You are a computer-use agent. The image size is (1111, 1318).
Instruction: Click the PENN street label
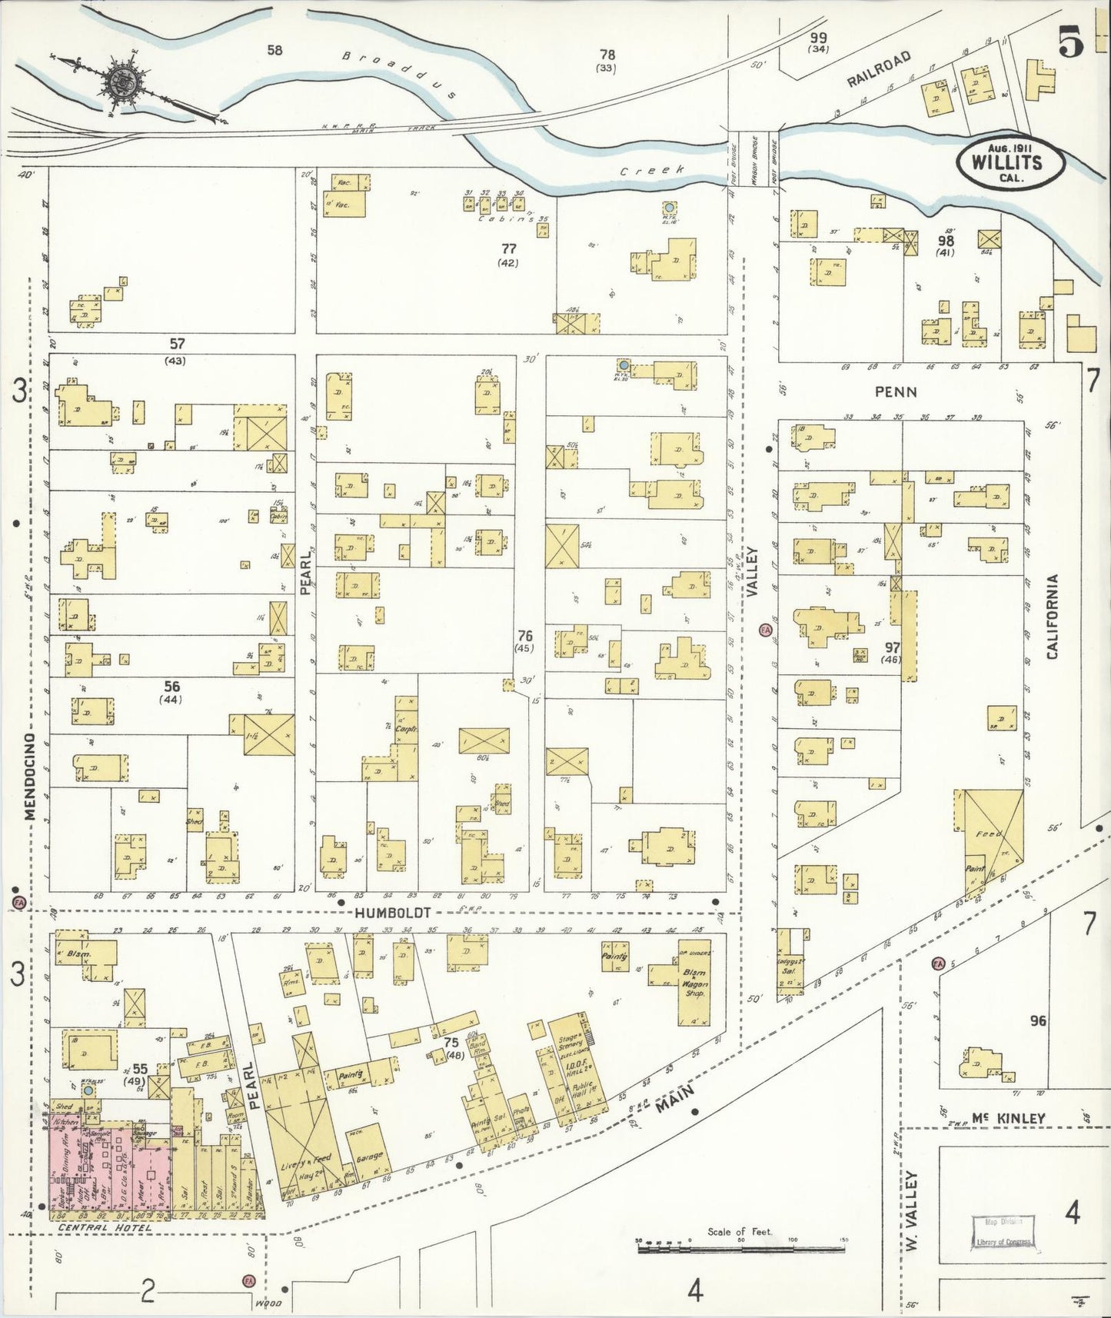click(x=896, y=392)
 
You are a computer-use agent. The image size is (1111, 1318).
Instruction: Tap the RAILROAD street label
click(x=880, y=71)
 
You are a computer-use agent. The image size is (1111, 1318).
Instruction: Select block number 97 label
click(x=892, y=647)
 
